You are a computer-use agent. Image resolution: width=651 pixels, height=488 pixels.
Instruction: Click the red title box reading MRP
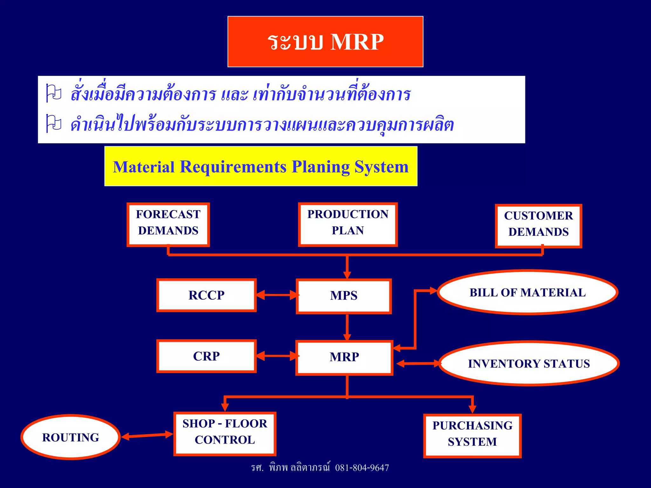pyautogui.click(x=325, y=42)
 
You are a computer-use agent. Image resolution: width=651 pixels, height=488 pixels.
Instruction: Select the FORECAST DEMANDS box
pyautogui.click(x=168, y=225)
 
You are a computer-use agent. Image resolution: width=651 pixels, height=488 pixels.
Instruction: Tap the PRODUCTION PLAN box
pyautogui.click(x=348, y=224)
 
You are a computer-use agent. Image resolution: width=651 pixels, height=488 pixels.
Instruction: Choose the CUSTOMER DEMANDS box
pyautogui.click(x=538, y=226)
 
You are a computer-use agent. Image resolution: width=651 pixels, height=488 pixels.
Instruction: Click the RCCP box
pyautogui.click(x=207, y=295)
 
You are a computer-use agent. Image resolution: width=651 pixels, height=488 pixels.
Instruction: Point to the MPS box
pyautogui.click(x=344, y=296)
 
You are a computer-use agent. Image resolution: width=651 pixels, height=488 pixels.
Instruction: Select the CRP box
pyautogui.click(x=207, y=356)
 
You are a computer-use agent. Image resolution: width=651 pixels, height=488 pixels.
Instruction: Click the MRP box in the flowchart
pyautogui.click(x=344, y=357)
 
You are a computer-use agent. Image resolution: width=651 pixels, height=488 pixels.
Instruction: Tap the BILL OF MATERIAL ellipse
pyautogui.click(x=527, y=292)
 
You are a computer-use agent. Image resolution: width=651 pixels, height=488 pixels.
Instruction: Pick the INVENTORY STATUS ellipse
pyautogui.click(x=529, y=363)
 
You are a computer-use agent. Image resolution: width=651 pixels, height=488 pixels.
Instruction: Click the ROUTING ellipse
pyautogui.click(x=71, y=437)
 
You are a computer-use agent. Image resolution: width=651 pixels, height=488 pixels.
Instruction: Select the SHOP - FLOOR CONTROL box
pyautogui.click(x=225, y=433)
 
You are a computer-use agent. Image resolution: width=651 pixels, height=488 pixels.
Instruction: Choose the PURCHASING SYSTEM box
pyautogui.click(x=472, y=435)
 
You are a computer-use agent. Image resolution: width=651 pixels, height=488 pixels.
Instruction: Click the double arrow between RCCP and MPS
pyautogui.click(x=276, y=295)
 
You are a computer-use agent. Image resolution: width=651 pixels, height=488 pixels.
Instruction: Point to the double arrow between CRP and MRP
pyautogui.click(x=276, y=356)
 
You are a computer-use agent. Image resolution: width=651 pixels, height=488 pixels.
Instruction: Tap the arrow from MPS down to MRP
pyautogui.click(x=347, y=327)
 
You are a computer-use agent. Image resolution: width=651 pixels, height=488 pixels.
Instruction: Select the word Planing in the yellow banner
pyautogui.click(x=320, y=167)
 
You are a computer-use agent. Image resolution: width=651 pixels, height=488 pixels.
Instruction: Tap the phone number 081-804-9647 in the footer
pyautogui.click(x=362, y=468)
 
